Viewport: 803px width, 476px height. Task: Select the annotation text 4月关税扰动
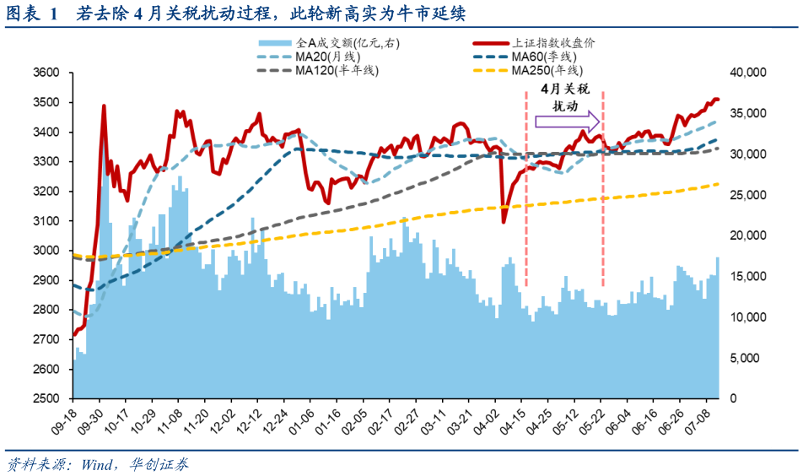point(565,97)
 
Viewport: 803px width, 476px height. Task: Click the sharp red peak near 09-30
point(104,106)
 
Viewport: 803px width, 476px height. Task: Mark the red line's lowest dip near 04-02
point(504,222)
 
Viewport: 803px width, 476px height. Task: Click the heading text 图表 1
point(31,14)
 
